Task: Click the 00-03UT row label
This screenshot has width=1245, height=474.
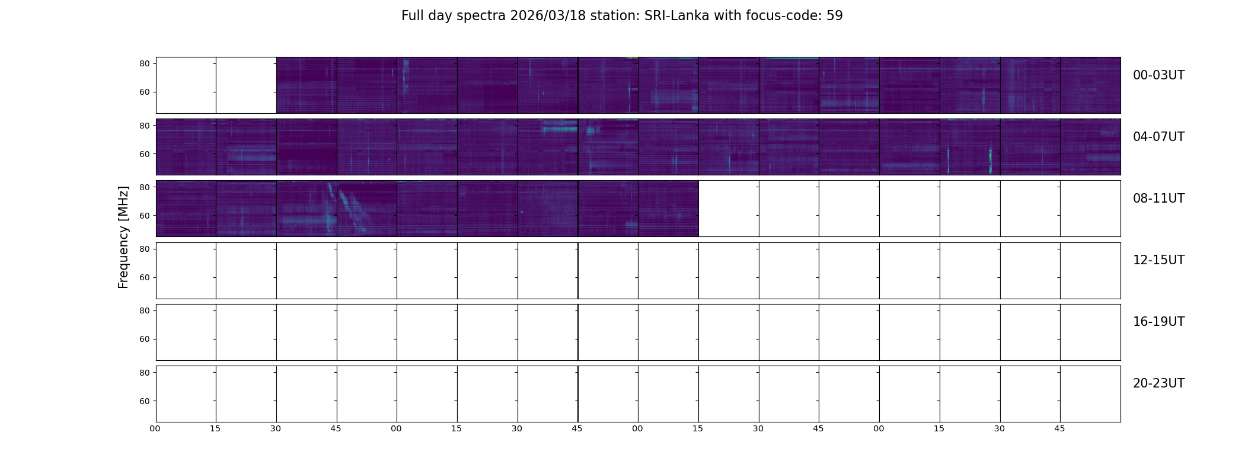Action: (x=1158, y=75)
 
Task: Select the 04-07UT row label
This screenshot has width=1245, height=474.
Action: (x=1158, y=137)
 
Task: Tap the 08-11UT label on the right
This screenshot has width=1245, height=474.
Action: (x=1158, y=198)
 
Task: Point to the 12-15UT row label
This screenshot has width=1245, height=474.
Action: (x=1158, y=260)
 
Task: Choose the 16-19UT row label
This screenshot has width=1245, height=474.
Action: (x=1158, y=322)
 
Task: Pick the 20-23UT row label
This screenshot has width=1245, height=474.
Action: (x=1158, y=383)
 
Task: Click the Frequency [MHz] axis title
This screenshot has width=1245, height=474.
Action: (x=123, y=238)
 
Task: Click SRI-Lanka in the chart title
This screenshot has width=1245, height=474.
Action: (x=676, y=16)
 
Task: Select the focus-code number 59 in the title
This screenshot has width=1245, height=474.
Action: (x=834, y=16)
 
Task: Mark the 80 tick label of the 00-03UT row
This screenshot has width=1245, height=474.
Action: (x=144, y=64)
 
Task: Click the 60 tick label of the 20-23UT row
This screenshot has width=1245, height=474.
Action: (x=144, y=401)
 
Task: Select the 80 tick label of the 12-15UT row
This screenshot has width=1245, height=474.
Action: (x=144, y=249)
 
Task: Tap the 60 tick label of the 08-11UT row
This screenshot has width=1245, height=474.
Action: (x=144, y=216)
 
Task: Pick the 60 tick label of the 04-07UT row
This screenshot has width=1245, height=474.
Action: (x=144, y=154)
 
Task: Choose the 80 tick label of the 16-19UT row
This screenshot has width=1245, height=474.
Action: (x=144, y=311)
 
